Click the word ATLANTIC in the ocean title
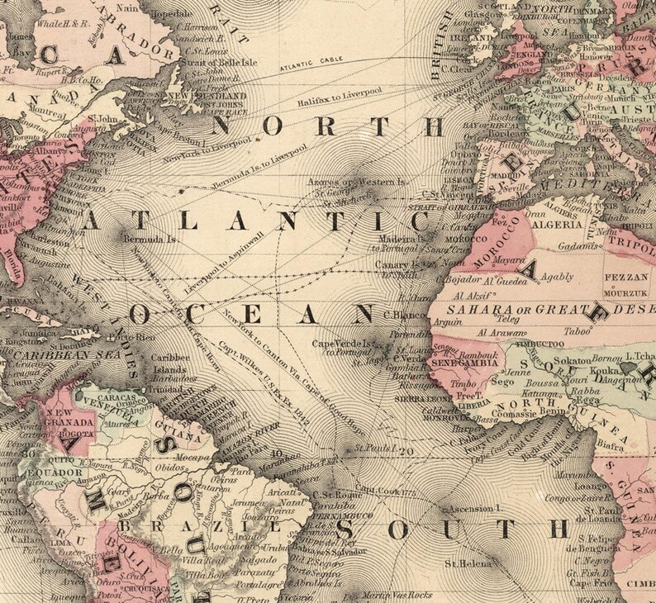point(256,221)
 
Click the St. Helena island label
point(463,564)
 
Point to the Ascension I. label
point(477,508)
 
